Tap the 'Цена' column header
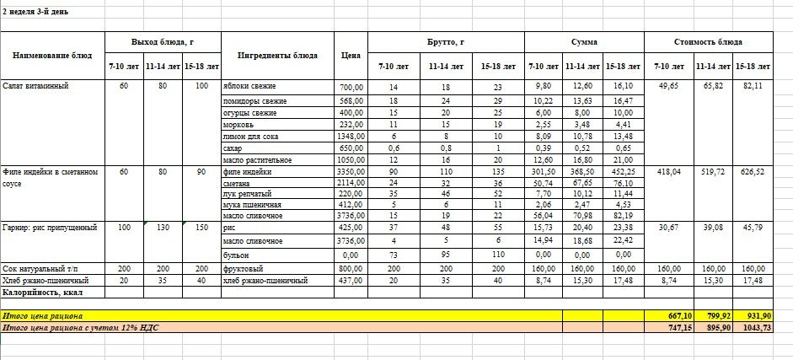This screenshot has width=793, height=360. (351, 56)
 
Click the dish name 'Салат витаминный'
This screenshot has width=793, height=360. (35, 86)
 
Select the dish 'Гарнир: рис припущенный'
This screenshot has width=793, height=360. (50, 228)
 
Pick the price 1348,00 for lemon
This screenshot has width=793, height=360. (350, 135)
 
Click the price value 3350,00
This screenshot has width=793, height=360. (350, 171)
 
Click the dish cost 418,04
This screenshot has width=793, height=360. (668, 171)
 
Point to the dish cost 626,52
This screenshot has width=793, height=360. (752, 171)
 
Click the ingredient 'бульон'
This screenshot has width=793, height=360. (235, 253)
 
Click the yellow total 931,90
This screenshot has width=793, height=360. (751, 315)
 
